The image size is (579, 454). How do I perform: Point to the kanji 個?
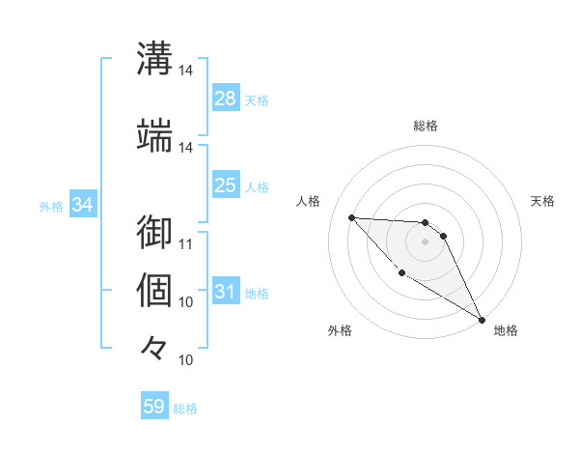click(155, 289)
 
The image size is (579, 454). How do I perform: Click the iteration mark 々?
click(155, 347)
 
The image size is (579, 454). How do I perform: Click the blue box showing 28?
click(226, 99)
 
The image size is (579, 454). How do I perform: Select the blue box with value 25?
click(226, 185)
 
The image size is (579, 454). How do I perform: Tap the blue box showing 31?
click(226, 292)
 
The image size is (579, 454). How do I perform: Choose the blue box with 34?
click(82, 205)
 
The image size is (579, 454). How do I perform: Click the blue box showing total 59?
click(154, 407)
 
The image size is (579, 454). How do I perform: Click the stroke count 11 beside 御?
click(186, 242)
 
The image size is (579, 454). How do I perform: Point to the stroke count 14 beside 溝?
click(186, 71)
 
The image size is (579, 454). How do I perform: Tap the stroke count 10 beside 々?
click(186, 359)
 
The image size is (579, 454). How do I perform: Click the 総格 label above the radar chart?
click(426, 126)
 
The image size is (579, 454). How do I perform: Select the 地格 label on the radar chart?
click(506, 331)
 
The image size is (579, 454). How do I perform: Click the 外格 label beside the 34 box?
click(51, 206)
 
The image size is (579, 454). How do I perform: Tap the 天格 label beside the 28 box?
click(257, 99)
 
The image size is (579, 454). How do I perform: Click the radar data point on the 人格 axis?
click(352, 217)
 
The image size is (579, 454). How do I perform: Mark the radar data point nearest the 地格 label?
click(482, 320)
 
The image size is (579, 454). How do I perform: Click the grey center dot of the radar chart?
click(426, 241)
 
